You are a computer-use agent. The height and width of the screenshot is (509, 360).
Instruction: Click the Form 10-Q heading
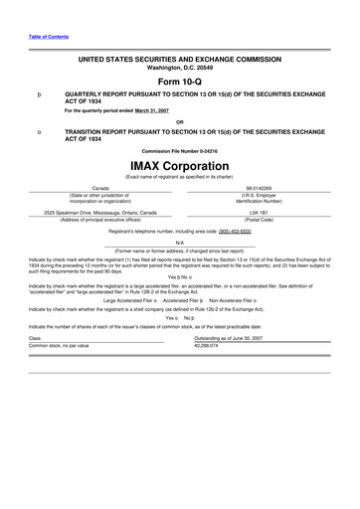click(179, 81)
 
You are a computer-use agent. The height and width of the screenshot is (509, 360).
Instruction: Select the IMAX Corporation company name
click(179, 162)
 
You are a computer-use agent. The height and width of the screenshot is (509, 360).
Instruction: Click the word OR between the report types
click(179, 121)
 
